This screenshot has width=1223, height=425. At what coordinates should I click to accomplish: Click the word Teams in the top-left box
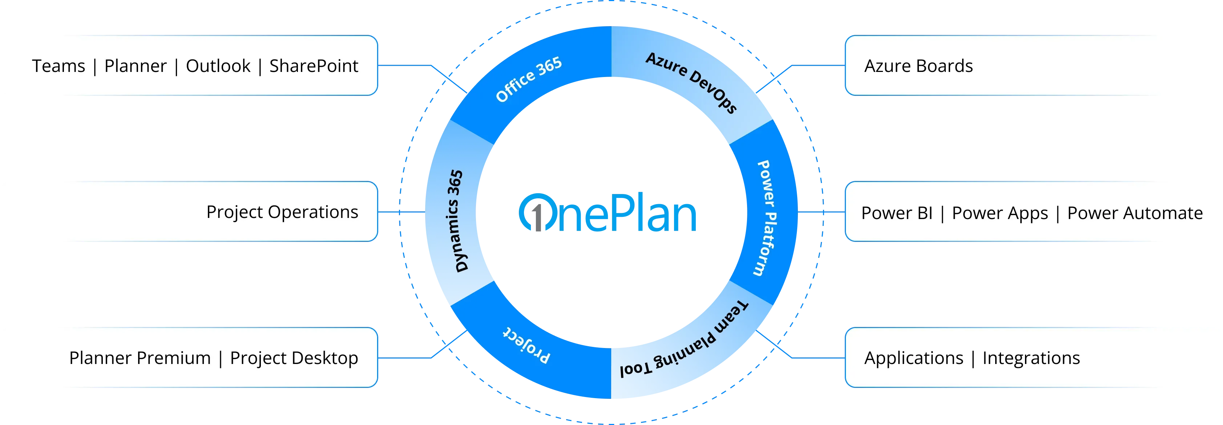58,66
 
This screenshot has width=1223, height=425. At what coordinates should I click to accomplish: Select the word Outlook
218,66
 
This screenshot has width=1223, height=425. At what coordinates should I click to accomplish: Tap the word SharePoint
314,66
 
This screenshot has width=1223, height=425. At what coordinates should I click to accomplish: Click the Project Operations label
282,212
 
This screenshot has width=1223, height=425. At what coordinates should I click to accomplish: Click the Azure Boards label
918,66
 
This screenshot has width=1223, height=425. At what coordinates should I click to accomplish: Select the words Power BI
897,213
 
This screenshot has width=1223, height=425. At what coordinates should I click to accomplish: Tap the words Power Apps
1000,213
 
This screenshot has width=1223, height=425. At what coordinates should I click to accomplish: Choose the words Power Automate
1135,213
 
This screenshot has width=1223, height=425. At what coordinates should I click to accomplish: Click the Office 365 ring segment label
528,79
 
